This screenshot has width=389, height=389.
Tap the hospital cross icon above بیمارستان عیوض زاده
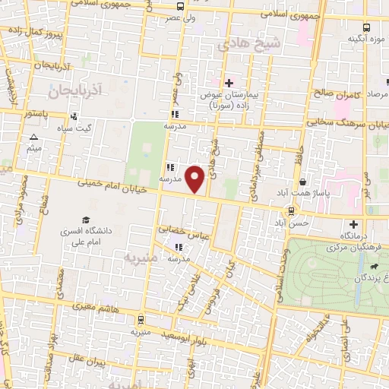click(229, 83)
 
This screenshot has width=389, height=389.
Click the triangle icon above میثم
click(33, 138)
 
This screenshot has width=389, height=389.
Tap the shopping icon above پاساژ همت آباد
click(303, 182)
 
